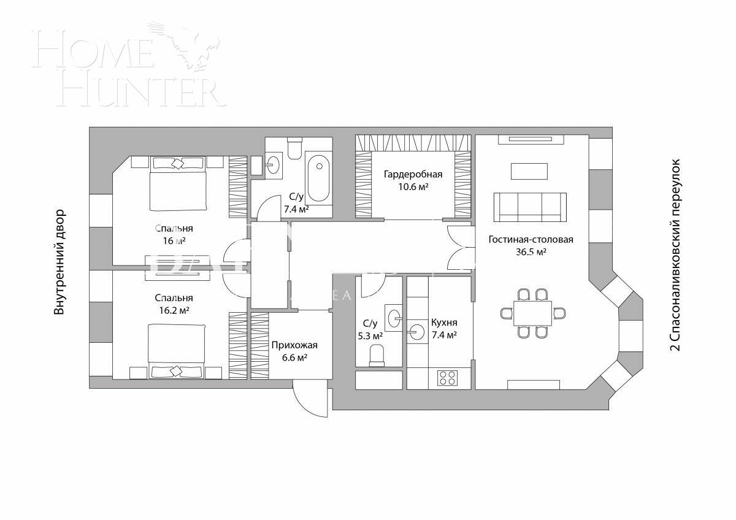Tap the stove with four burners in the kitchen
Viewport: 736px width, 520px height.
point(447,378)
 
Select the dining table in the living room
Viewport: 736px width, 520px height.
point(530,313)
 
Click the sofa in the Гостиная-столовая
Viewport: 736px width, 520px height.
point(531,207)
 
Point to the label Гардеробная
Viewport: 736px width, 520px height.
point(413,175)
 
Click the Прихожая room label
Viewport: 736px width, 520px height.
point(294,345)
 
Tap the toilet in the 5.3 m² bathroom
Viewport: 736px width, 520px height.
point(377,355)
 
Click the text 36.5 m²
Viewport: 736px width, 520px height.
point(531,252)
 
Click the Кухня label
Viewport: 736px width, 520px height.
point(443,323)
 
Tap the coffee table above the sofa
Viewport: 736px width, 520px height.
point(529,170)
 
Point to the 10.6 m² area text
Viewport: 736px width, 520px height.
point(413,186)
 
